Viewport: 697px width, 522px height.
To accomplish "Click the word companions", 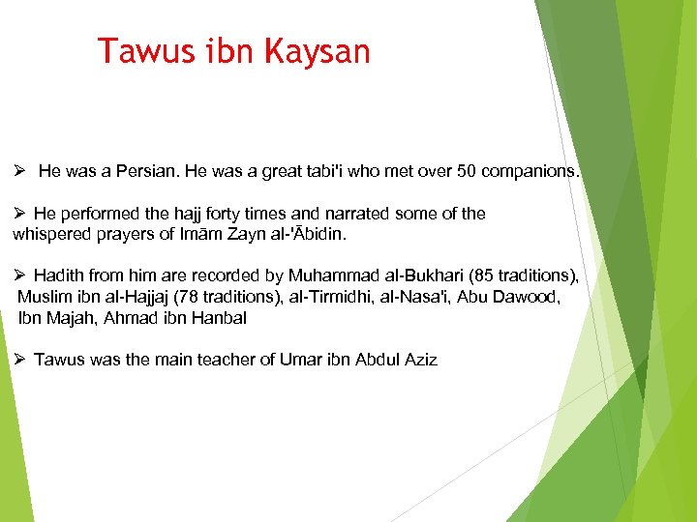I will (x=530, y=172).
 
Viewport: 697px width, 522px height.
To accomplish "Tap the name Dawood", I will (x=530, y=297).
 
